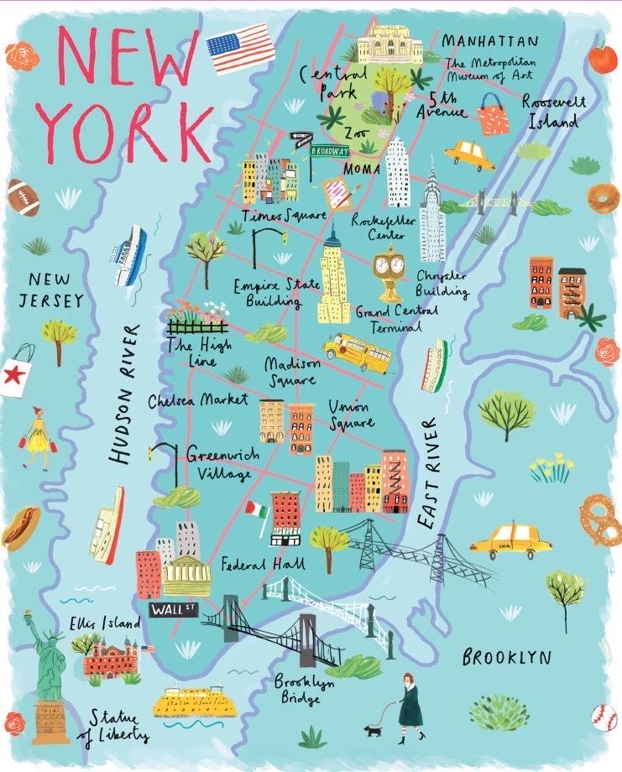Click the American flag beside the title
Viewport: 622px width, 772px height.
pyautogui.click(x=241, y=50)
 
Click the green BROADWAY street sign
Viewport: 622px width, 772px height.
pyautogui.click(x=328, y=152)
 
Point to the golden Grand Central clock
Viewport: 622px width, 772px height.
pyautogui.click(x=389, y=269)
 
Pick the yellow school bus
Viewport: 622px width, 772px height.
pyautogui.click(x=357, y=352)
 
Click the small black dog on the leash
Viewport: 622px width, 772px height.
pyautogui.click(x=373, y=731)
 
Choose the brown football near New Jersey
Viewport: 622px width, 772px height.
pyautogui.click(x=23, y=197)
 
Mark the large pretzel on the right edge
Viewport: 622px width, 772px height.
pyautogui.click(x=601, y=519)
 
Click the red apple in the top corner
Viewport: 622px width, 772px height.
pyautogui.click(x=603, y=59)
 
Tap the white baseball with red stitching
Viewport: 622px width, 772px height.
pyautogui.click(x=604, y=716)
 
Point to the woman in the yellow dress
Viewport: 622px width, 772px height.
pyautogui.click(x=38, y=438)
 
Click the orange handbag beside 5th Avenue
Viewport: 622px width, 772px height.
pyautogui.click(x=494, y=117)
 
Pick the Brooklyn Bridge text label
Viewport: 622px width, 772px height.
pyautogui.click(x=304, y=691)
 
